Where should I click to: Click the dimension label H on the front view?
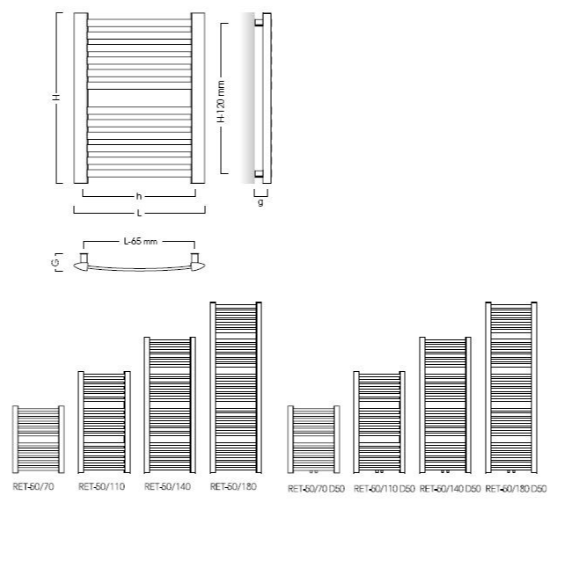click(x=56, y=98)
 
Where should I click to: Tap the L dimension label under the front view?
click(x=140, y=213)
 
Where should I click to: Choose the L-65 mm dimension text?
click(x=140, y=240)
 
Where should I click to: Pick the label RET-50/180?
click(x=234, y=485)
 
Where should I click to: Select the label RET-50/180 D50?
click(x=516, y=488)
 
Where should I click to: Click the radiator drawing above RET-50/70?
click(x=39, y=440)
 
